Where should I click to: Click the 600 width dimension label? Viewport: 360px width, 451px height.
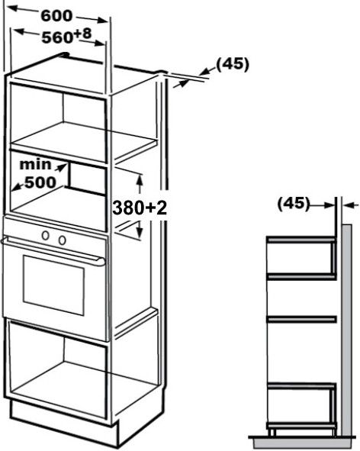[x=56, y=15]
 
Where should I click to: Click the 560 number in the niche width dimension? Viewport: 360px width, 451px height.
[x=57, y=37]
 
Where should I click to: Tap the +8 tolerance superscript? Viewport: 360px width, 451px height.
[x=82, y=34]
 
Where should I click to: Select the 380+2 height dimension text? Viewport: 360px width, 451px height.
[x=140, y=208]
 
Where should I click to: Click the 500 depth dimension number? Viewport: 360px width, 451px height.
[x=40, y=182]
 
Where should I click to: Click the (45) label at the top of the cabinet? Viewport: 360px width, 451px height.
[x=233, y=64]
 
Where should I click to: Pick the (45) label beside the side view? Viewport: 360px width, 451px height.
[x=294, y=204]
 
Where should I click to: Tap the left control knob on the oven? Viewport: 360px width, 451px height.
[x=46, y=236]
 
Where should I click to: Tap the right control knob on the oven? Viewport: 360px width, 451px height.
[x=62, y=240]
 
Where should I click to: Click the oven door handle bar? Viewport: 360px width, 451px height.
[x=53, y=251]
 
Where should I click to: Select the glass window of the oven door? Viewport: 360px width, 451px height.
[x=53, y=285]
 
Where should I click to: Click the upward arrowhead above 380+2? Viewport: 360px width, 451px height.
[x=140, y=181]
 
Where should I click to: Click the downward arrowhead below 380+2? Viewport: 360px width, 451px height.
[x=140, y=232]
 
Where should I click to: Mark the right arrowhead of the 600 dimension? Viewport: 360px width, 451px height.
[x=103, y=21]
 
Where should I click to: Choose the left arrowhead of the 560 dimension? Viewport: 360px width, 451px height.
[x=18, y=31]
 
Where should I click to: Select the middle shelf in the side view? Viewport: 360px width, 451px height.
[x=301, y=319]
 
